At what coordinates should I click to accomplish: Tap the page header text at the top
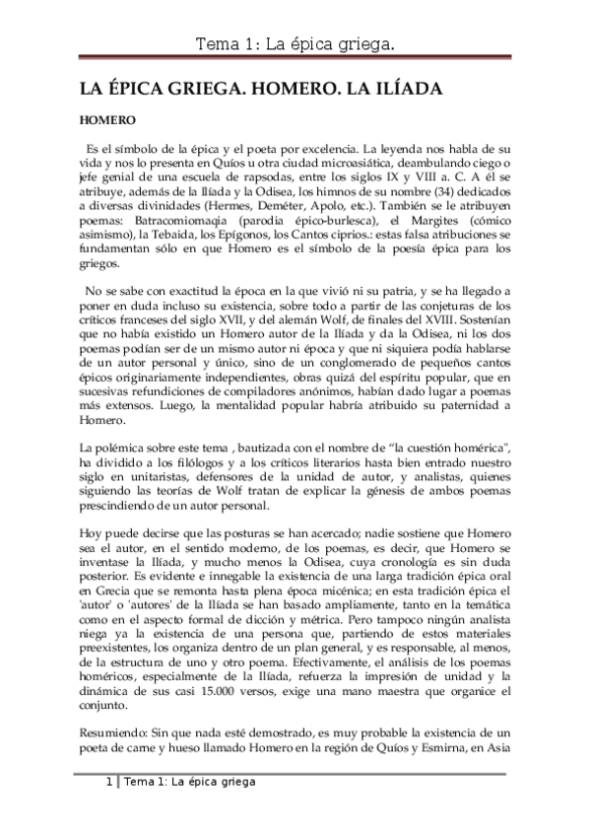pos(295,43)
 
